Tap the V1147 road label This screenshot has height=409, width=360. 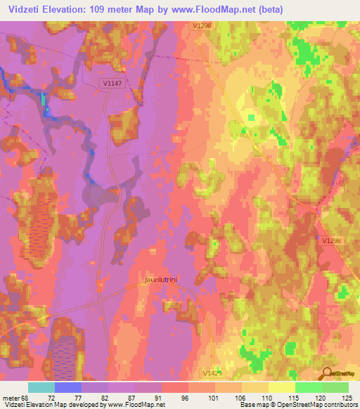pyautogui.click(x=111, y=82)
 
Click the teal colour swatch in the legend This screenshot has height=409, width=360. pyautogui.click(x=41, y=387)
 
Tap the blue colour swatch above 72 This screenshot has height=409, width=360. pyautogui.click(x=68, y=387)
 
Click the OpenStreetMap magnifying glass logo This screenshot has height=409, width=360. pyautogui.click(x=326, y=374)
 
